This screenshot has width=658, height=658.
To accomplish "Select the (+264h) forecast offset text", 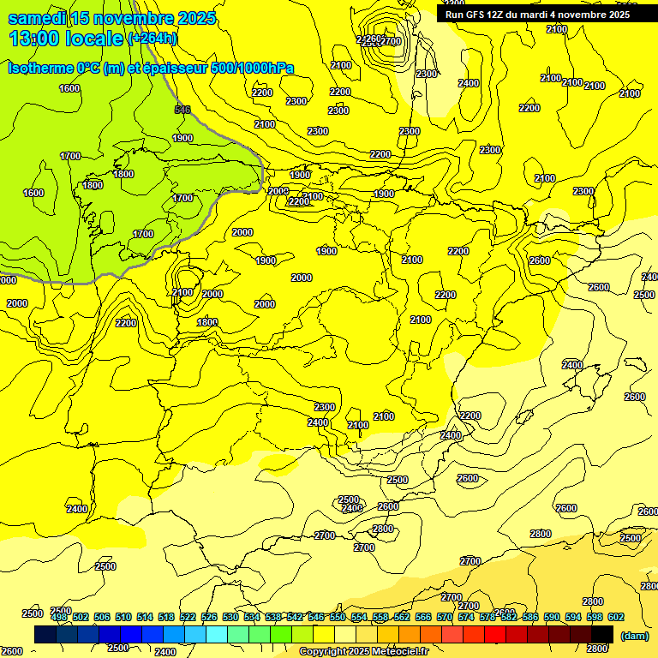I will click(152, 39).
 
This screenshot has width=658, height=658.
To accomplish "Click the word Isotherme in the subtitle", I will click(39, 68).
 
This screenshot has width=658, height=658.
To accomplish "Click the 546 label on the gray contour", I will click(182, 110).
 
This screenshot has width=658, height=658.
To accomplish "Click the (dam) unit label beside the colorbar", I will click(633, 636).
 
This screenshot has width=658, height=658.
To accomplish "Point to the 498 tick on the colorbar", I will click(59, 617).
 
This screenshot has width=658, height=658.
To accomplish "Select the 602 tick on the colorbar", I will click(615, 617).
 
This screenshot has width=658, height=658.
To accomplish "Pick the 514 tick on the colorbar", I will click(145, 617).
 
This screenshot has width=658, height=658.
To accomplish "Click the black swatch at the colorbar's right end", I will click(602, 635).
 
